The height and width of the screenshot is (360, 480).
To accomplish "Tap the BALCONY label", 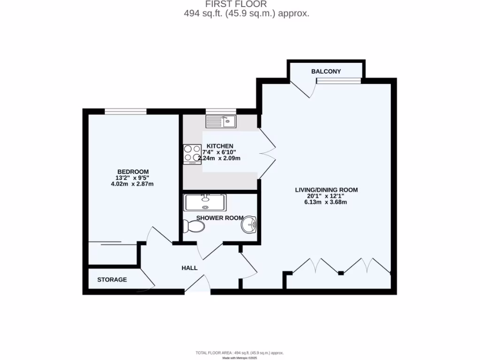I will (x=326, y=71).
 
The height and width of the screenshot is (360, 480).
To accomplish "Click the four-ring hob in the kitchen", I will (x=192, y=153).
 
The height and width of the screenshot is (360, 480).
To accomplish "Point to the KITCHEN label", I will (x=220, y=146).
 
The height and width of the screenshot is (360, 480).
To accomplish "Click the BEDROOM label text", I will (x=133, y=172).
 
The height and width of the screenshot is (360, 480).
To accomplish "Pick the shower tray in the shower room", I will (x=205, y=202).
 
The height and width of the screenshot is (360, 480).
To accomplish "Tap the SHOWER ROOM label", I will (x=219, y=218).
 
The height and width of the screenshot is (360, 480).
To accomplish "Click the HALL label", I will (x=189, y=268).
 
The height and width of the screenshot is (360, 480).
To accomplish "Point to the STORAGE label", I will (x=112, y=280).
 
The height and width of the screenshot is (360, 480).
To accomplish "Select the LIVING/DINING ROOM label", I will (x=326, y=190).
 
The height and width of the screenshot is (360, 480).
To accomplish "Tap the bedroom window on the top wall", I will (x=125, y=111).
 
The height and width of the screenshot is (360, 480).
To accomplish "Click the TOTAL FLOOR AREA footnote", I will (x=240, y=352).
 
